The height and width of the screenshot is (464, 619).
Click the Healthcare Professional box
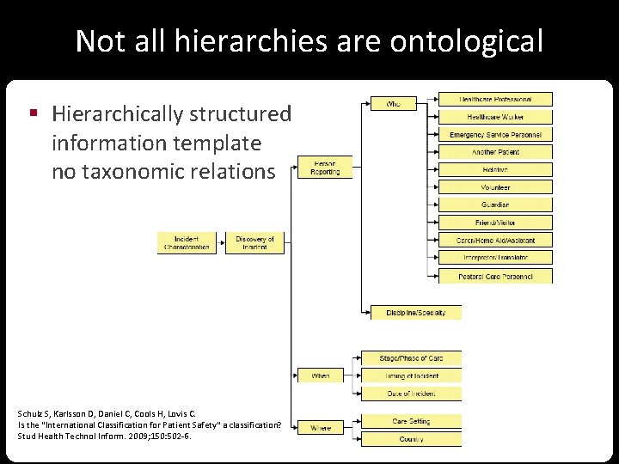coord(495,100)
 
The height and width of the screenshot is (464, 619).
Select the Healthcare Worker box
coord(495,117)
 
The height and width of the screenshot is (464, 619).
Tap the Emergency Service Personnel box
coord(495,135)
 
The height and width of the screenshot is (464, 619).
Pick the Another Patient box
coord(495,152)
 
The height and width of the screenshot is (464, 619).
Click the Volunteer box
coord(495,187)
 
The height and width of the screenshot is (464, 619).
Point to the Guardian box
coord(495,205)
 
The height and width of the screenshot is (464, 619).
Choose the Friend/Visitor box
coord(495,223)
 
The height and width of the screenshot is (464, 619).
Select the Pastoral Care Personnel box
coord(495,277)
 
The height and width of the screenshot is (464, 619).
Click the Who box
coord(393,104)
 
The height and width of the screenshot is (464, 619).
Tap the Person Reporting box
coord(324,168)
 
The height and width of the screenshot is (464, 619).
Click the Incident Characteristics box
coord(187,243)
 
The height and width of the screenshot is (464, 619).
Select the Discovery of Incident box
coord(254,243)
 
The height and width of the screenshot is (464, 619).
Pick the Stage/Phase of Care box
coord(411,357)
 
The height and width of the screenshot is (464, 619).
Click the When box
coord(320,375)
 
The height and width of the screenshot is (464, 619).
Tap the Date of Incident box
coord(411,394)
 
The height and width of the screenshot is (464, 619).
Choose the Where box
coord(320,427)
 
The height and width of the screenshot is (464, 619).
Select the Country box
coord(411,439)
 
